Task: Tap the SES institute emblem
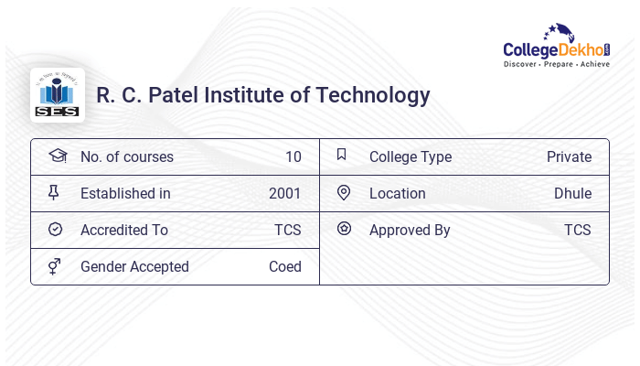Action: [x=57, y=95]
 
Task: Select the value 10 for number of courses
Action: [x=293, y=156]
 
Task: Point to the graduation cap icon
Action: [x=57, y=156]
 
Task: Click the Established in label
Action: [x=125, y=193]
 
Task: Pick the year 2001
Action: [x=284, y=193]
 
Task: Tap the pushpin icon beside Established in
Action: [x=55, y=192]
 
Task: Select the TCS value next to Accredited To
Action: [x=287, y=230]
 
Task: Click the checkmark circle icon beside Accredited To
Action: [x=55, y=230]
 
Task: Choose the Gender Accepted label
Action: [x=134, y=266]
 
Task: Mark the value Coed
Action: [x=284, y=266]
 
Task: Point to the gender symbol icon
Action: [x=55, y=266]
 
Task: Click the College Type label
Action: [x=410, y=156]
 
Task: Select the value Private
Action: [x=569, y=156]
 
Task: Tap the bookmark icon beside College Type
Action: [x=342, y=155]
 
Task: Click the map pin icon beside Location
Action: [x=343, y=192]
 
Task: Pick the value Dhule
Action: [x=572, y=193]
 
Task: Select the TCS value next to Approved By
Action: [x=577, y=230]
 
